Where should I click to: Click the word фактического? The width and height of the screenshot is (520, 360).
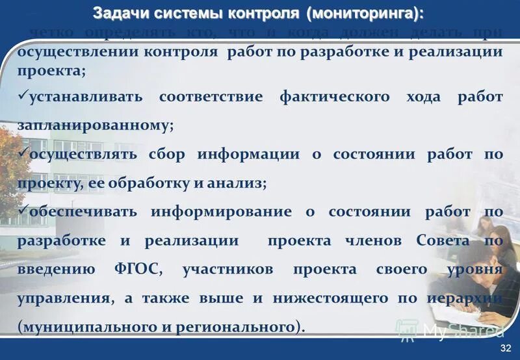pos(334,97)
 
